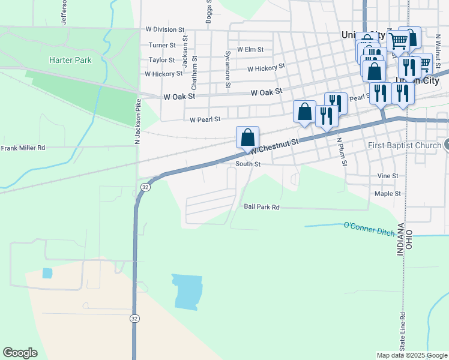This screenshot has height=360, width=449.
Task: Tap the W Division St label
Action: click(165, 29)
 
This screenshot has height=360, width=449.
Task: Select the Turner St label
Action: click(162, 45)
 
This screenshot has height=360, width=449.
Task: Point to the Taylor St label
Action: click(161, 60)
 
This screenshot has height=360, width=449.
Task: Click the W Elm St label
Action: click(250, 50)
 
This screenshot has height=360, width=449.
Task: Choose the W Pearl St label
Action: click(205, 120)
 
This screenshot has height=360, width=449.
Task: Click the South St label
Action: click(248, 164)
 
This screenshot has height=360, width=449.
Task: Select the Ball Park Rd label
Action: click(262, 207)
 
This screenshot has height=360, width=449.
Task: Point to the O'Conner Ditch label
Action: click(367, 226)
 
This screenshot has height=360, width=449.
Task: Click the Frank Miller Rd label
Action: click(23, 148)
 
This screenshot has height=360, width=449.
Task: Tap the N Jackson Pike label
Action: click(137, 121)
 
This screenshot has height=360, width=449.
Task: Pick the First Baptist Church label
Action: click(404, 145)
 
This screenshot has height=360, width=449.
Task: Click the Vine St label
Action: click(388, 176)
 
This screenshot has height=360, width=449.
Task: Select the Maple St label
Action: click(387, 194)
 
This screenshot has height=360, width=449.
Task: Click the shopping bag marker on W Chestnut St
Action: click(247, 138)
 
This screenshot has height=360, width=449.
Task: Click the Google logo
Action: click(20, 353)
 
